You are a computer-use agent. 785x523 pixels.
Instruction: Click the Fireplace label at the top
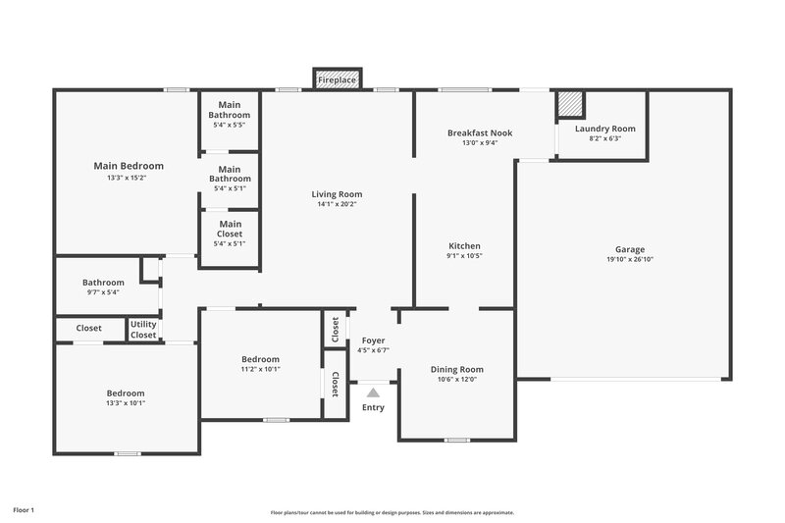pos(338,79)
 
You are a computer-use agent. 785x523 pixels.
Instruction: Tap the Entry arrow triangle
pos(373,392)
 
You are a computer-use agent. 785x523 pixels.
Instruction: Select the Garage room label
pos(624,249)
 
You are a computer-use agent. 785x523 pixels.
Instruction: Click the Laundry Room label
pos(604,129)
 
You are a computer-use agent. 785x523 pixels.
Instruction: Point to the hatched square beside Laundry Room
pos(570,104)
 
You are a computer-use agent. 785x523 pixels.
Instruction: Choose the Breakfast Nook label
pos(480,132)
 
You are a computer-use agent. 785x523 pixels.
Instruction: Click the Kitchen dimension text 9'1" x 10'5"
pos(464,256)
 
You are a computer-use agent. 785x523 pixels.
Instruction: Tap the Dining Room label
pos(457,370)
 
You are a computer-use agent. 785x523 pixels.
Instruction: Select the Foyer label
pos(373,340)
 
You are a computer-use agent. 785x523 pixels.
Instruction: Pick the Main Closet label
pos(230,229)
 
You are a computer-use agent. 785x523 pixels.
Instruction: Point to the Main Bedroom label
pos(129,166)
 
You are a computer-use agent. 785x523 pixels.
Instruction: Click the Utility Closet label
pos(143,329)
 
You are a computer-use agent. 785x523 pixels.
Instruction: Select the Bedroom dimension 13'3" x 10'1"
pos(126,402)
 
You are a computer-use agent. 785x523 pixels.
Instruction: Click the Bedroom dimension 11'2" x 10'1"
pos(261,370)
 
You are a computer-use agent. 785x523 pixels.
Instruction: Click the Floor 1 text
pos(24,510)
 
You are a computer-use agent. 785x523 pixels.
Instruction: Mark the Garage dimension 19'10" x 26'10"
pos(624,260)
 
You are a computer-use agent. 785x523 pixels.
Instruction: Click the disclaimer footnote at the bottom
pos(392,512)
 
